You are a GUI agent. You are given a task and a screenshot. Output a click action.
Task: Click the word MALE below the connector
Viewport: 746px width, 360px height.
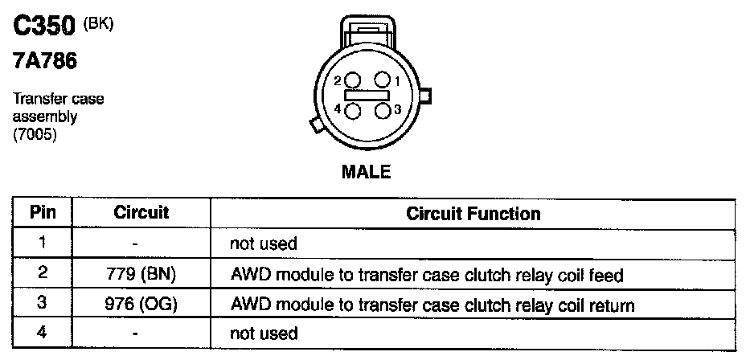tap(366, 172)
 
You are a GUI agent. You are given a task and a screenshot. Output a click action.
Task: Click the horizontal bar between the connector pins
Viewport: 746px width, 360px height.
tap(367, 95)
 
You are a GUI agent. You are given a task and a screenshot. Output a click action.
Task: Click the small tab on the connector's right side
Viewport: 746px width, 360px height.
tap(426, 96)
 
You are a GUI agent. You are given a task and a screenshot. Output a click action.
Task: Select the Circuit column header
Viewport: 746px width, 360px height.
tap(141, 213)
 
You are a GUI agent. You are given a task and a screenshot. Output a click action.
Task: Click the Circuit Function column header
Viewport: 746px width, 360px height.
tap(473, 214)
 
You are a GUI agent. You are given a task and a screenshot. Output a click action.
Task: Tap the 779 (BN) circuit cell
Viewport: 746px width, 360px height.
tap(141, 275)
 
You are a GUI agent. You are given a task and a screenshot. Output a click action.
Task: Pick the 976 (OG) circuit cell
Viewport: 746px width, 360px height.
tap(141, 305)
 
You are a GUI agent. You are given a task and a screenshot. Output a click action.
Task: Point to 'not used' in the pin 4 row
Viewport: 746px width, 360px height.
tap(264, 333)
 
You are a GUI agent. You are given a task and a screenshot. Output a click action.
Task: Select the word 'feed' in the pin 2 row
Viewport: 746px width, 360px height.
tap(607, 275)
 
